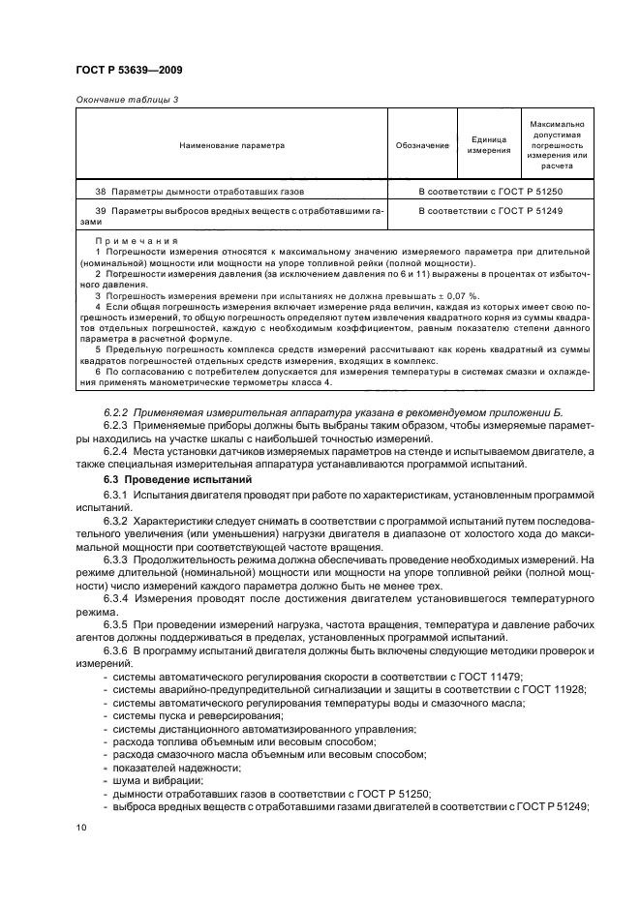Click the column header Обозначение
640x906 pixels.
click(x=422, y=145)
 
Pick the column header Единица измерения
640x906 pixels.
click(x=489, y=145)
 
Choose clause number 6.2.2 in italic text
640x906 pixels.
click(x=116, y=412)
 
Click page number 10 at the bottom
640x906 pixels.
click(x=81, y=828)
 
